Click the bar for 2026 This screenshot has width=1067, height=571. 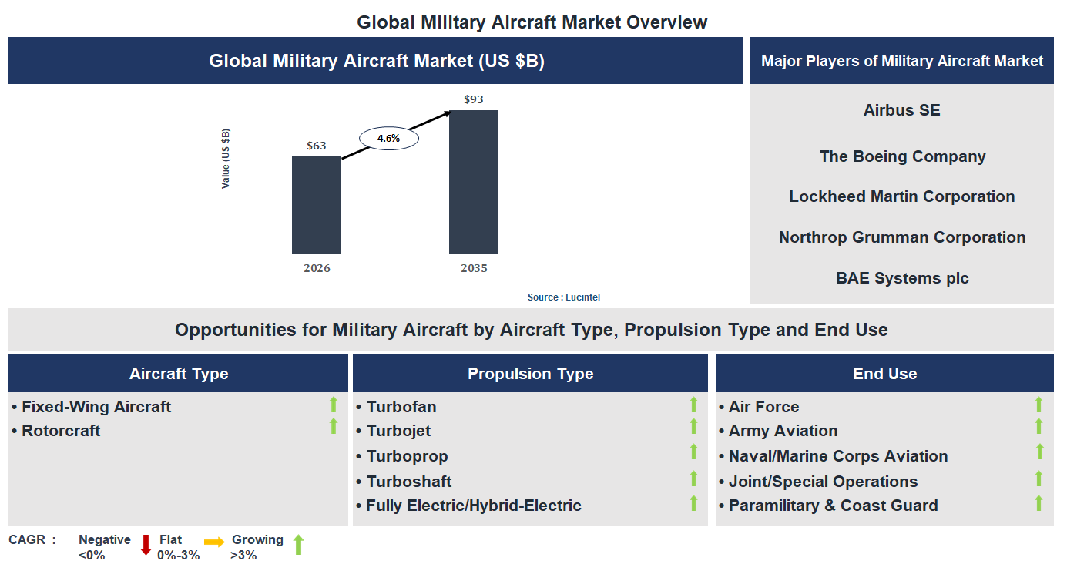pyautogui.click(x=316, y=205)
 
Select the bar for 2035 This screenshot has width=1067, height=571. pyautogui.click(x=473, y=182)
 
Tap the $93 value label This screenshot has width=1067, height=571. pyautogui.click(x=473, y=99)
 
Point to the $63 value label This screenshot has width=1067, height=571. pyautogui.click(x=316, y=146)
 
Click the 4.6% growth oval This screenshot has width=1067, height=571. pyautogui.click(x=388, y=139)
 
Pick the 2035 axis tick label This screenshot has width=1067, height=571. pyautogui.click(x=474, y=268)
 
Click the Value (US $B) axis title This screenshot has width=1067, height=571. pyautogui.click(x=226, y=158)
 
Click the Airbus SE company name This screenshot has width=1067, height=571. pyautogui.click(x=901, y=110)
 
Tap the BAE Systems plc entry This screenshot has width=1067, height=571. pyautogui.click(x=901, y=278)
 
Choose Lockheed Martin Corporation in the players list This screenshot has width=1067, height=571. pyautogui.click(x=901, y=196)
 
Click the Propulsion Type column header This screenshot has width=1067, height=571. pyautogui.click(x=530, y=374)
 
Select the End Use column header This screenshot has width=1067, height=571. pyautogui.click(x=884, y=374)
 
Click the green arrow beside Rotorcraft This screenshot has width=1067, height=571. pyautogui.click(x=334, y=426)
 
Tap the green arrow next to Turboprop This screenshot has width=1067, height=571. pyautogui.click(x=693, y=452)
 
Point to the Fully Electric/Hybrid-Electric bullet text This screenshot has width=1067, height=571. pyautogui.click(x=473, y=506)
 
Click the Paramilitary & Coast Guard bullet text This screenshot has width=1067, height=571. pyautogui.click(x=833, y=506)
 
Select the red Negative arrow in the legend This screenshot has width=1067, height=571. pyautogui.click(x=146, y=545)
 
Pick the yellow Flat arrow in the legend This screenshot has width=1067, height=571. pyautogui.click(x=214, y=542)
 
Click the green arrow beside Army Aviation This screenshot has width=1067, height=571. pyautogui.click(x=1038, y=426)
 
